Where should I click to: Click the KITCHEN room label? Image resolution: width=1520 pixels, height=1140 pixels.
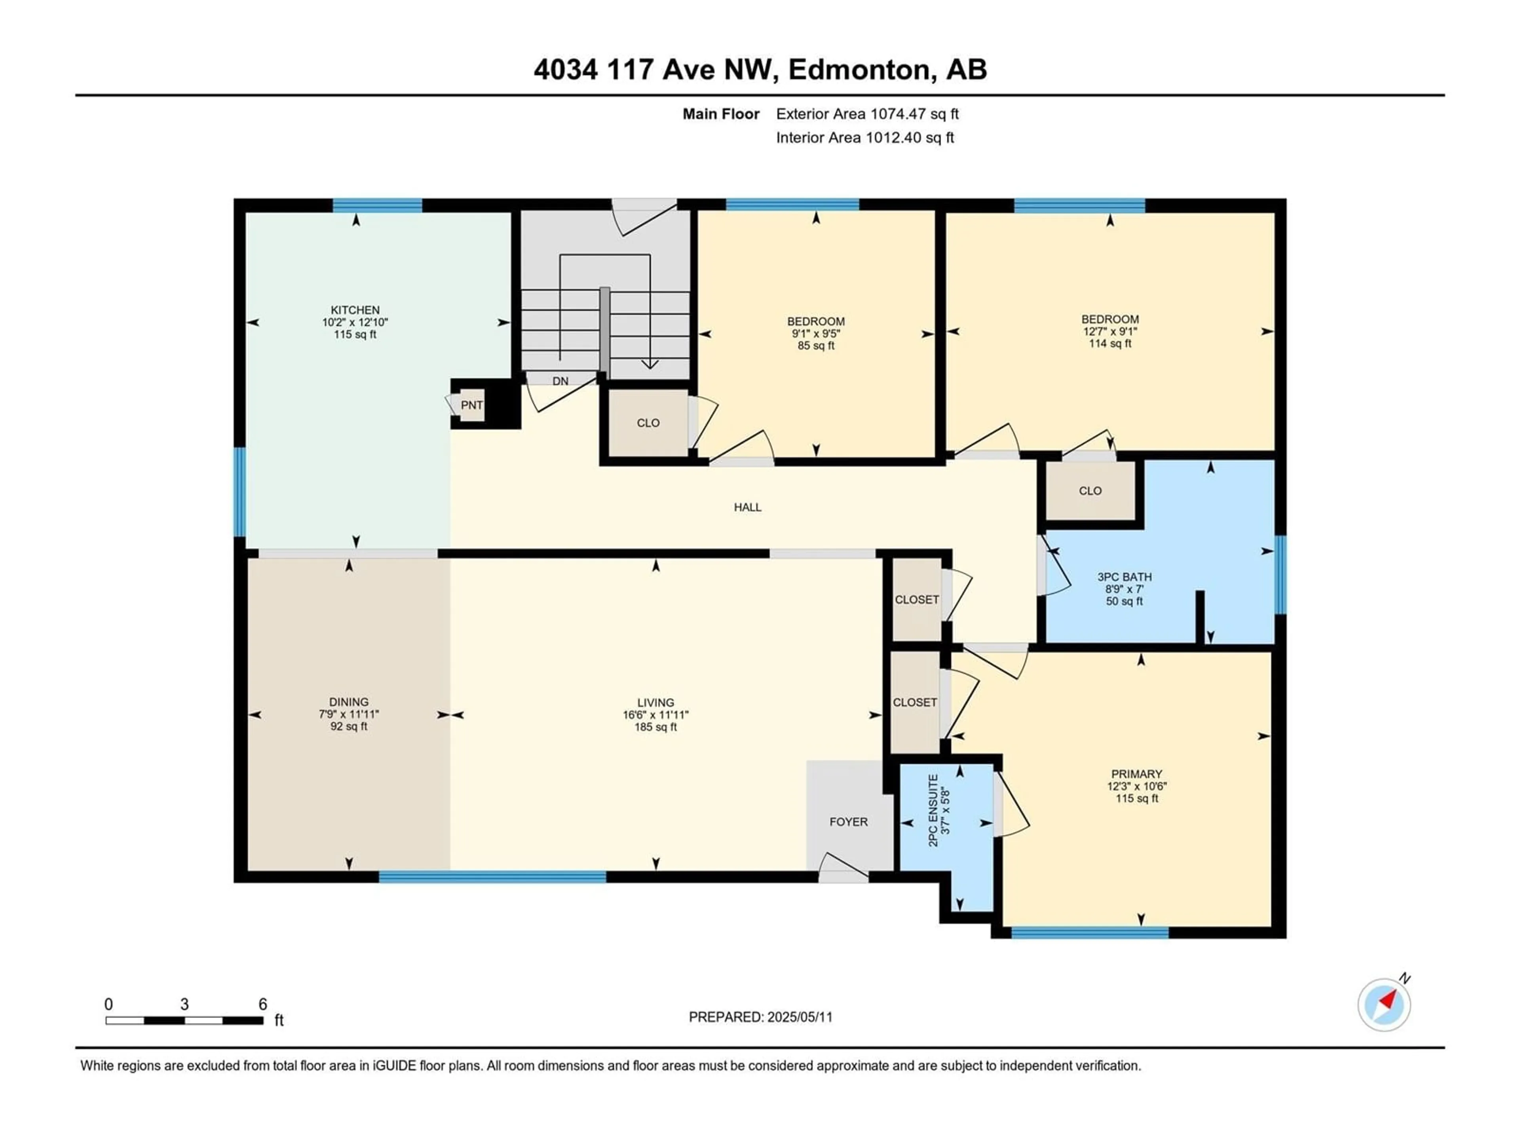pyautogui.click(x=355, y=310)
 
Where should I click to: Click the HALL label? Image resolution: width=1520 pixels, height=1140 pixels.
pyautogui.click(x=748, y=507)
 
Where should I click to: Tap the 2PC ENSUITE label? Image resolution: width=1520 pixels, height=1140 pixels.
pyautogui.click(x=933, y=810)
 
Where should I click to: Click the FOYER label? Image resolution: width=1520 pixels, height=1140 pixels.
pyautogui.click(x=849, y=822)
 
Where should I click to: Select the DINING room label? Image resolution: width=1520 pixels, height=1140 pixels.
pyautogui.click(x=349, y=701)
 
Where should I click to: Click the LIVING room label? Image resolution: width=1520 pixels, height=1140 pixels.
pyautogui.click(x=655, y=702)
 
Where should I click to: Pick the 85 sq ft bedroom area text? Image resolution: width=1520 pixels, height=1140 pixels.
pyautogui.click(x=816, y=346)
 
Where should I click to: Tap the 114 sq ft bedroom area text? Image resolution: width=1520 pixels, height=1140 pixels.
pyautogui.click(x=1110, y=344)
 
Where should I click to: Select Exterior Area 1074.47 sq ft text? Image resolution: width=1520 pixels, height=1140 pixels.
pyautogui.click(x=867, y=114)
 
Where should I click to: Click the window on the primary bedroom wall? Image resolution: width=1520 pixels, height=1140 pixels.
pyautogui.click(x=1090, y=933)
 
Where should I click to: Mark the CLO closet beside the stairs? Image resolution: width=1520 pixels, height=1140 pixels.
pyautogui.click(x=648, y=423)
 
